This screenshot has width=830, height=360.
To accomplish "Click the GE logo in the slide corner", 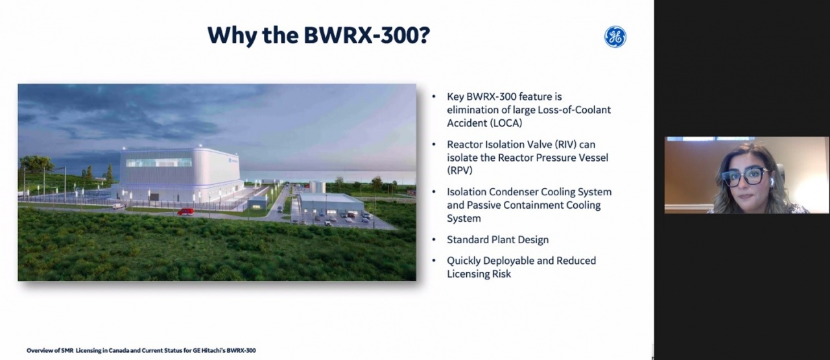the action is click(615, 37).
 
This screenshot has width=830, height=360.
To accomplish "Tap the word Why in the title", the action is click(230, 36).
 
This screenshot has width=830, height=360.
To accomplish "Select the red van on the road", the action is click(185, 211).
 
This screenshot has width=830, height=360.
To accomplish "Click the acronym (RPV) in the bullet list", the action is click(460, 171).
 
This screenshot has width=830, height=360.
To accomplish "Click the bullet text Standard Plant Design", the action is click(497, 239).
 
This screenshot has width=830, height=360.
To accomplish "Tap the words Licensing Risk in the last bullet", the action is click(479, 274).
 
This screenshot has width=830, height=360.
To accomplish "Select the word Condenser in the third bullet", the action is click(513, 192).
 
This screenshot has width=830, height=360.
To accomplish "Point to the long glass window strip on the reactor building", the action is click(159, 162).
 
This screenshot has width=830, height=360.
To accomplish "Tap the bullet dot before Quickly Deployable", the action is click(434, 261).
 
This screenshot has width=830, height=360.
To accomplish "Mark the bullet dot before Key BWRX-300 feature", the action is click(434, 97).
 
